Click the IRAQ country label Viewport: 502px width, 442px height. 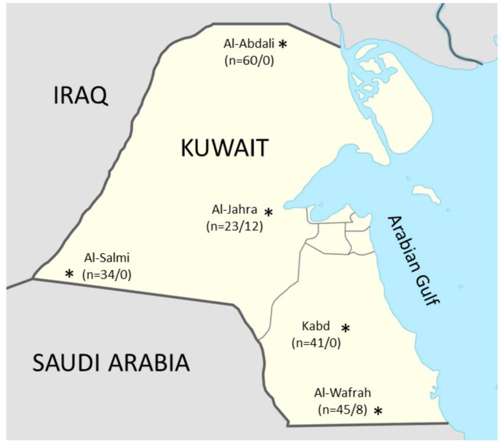coord(81,95)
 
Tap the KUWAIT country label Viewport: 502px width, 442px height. coord(224,148)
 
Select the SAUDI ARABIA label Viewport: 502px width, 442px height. coord(111,363)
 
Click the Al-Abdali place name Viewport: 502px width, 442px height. coord(249,44)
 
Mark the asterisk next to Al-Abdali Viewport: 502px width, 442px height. coord(283,44)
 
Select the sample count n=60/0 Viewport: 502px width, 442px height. coord(249,60)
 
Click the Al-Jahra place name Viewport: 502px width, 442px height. coord(234,209)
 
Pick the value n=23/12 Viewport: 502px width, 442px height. coord(234,226)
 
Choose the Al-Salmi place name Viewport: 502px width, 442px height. coord(107,258)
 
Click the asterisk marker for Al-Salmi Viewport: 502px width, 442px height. coord(70,274)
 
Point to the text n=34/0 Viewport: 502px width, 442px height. coord(107,274)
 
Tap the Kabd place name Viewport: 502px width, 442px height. coord(316,326)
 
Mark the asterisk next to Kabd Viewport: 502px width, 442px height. coord(346,328)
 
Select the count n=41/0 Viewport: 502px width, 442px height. coord(316,343)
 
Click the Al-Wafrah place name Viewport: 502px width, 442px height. coord(343,393)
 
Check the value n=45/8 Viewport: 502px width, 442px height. coord(343,409)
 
